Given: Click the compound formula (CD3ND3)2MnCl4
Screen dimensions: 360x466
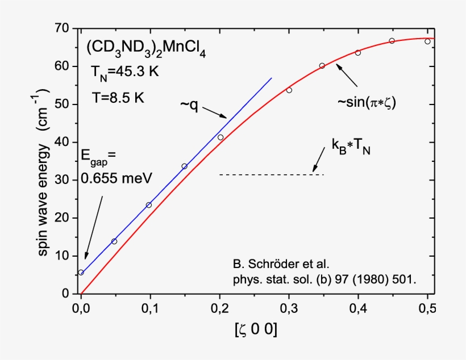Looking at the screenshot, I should point(145,51).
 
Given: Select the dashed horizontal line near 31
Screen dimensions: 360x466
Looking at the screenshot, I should point(272,174).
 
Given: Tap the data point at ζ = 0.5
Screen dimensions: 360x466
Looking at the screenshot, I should point(427,41).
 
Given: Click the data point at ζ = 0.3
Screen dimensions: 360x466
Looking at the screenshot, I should point(289,90).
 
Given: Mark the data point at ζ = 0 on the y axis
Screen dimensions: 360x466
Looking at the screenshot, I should point(81,273).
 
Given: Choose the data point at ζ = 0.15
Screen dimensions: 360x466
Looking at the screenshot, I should point(184,166).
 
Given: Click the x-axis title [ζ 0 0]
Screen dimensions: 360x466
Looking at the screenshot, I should point(255,331).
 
